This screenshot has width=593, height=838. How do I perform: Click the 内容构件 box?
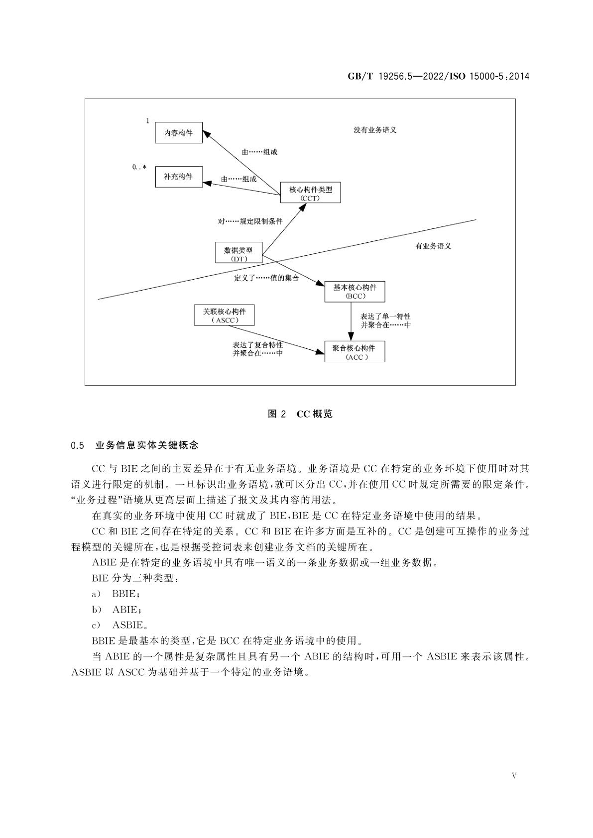pyautogui.click(x=178, y=133)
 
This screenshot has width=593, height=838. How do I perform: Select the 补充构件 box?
pyautogui.click(x=178, y=177)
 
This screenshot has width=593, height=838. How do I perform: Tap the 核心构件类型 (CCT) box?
pyautogui.click(x=310, y=193)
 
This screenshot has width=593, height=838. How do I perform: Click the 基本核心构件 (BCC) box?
pyautogui.click(x=355, y=291)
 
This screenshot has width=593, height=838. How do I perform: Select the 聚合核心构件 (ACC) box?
pyautogui.click(x=355, y=352)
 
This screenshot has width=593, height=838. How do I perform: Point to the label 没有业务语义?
pyautogui.click(x=374, y=130)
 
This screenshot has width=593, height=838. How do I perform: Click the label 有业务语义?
pyautogui.click(x=433, y=246)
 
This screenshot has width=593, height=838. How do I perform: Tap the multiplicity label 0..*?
pyautogui.click(x=139, y=167)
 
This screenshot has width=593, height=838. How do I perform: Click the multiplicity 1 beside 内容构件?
pyautogui.click(x=147, y=121)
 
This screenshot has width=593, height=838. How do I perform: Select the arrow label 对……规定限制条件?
pyautogui.click(x=250, y=221)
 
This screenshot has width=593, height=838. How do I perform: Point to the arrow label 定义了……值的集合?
pyautogui.click(x=266, y=278)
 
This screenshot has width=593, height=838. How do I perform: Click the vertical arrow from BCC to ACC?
pyautogui.click(x=350, y=321)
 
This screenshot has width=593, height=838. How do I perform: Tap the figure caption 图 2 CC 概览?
pyautogui.click(x=300, y=414)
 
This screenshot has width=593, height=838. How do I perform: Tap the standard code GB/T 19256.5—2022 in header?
pyautogui.click(x=394, y=77)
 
